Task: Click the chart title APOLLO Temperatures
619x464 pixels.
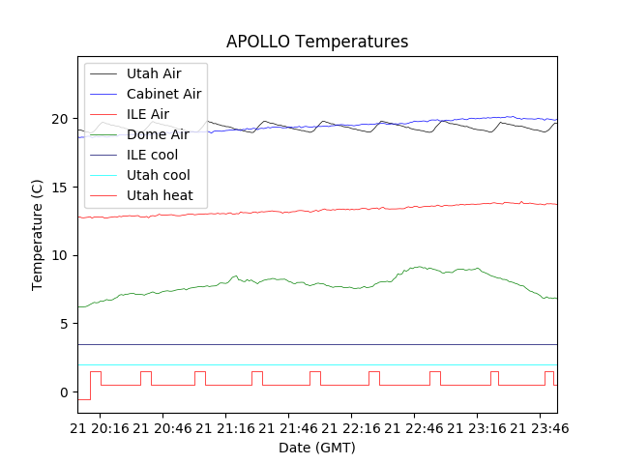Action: (317, 42)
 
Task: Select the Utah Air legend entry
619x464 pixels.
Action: (154, 73)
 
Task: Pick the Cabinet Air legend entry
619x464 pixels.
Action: (163, 94)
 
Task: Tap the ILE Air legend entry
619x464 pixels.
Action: (148, 114)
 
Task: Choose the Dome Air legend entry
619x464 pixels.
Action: (158, 134)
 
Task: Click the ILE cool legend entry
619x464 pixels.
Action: (152, 155)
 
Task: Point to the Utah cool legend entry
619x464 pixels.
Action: (158, 175)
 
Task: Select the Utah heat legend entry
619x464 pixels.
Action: (160, 195)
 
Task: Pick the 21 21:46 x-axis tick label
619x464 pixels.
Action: (286, 427)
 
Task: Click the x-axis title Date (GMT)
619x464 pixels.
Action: (317, 448)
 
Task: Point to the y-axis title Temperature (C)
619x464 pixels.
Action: (38, 235)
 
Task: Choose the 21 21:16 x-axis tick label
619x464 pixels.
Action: (225, 427)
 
